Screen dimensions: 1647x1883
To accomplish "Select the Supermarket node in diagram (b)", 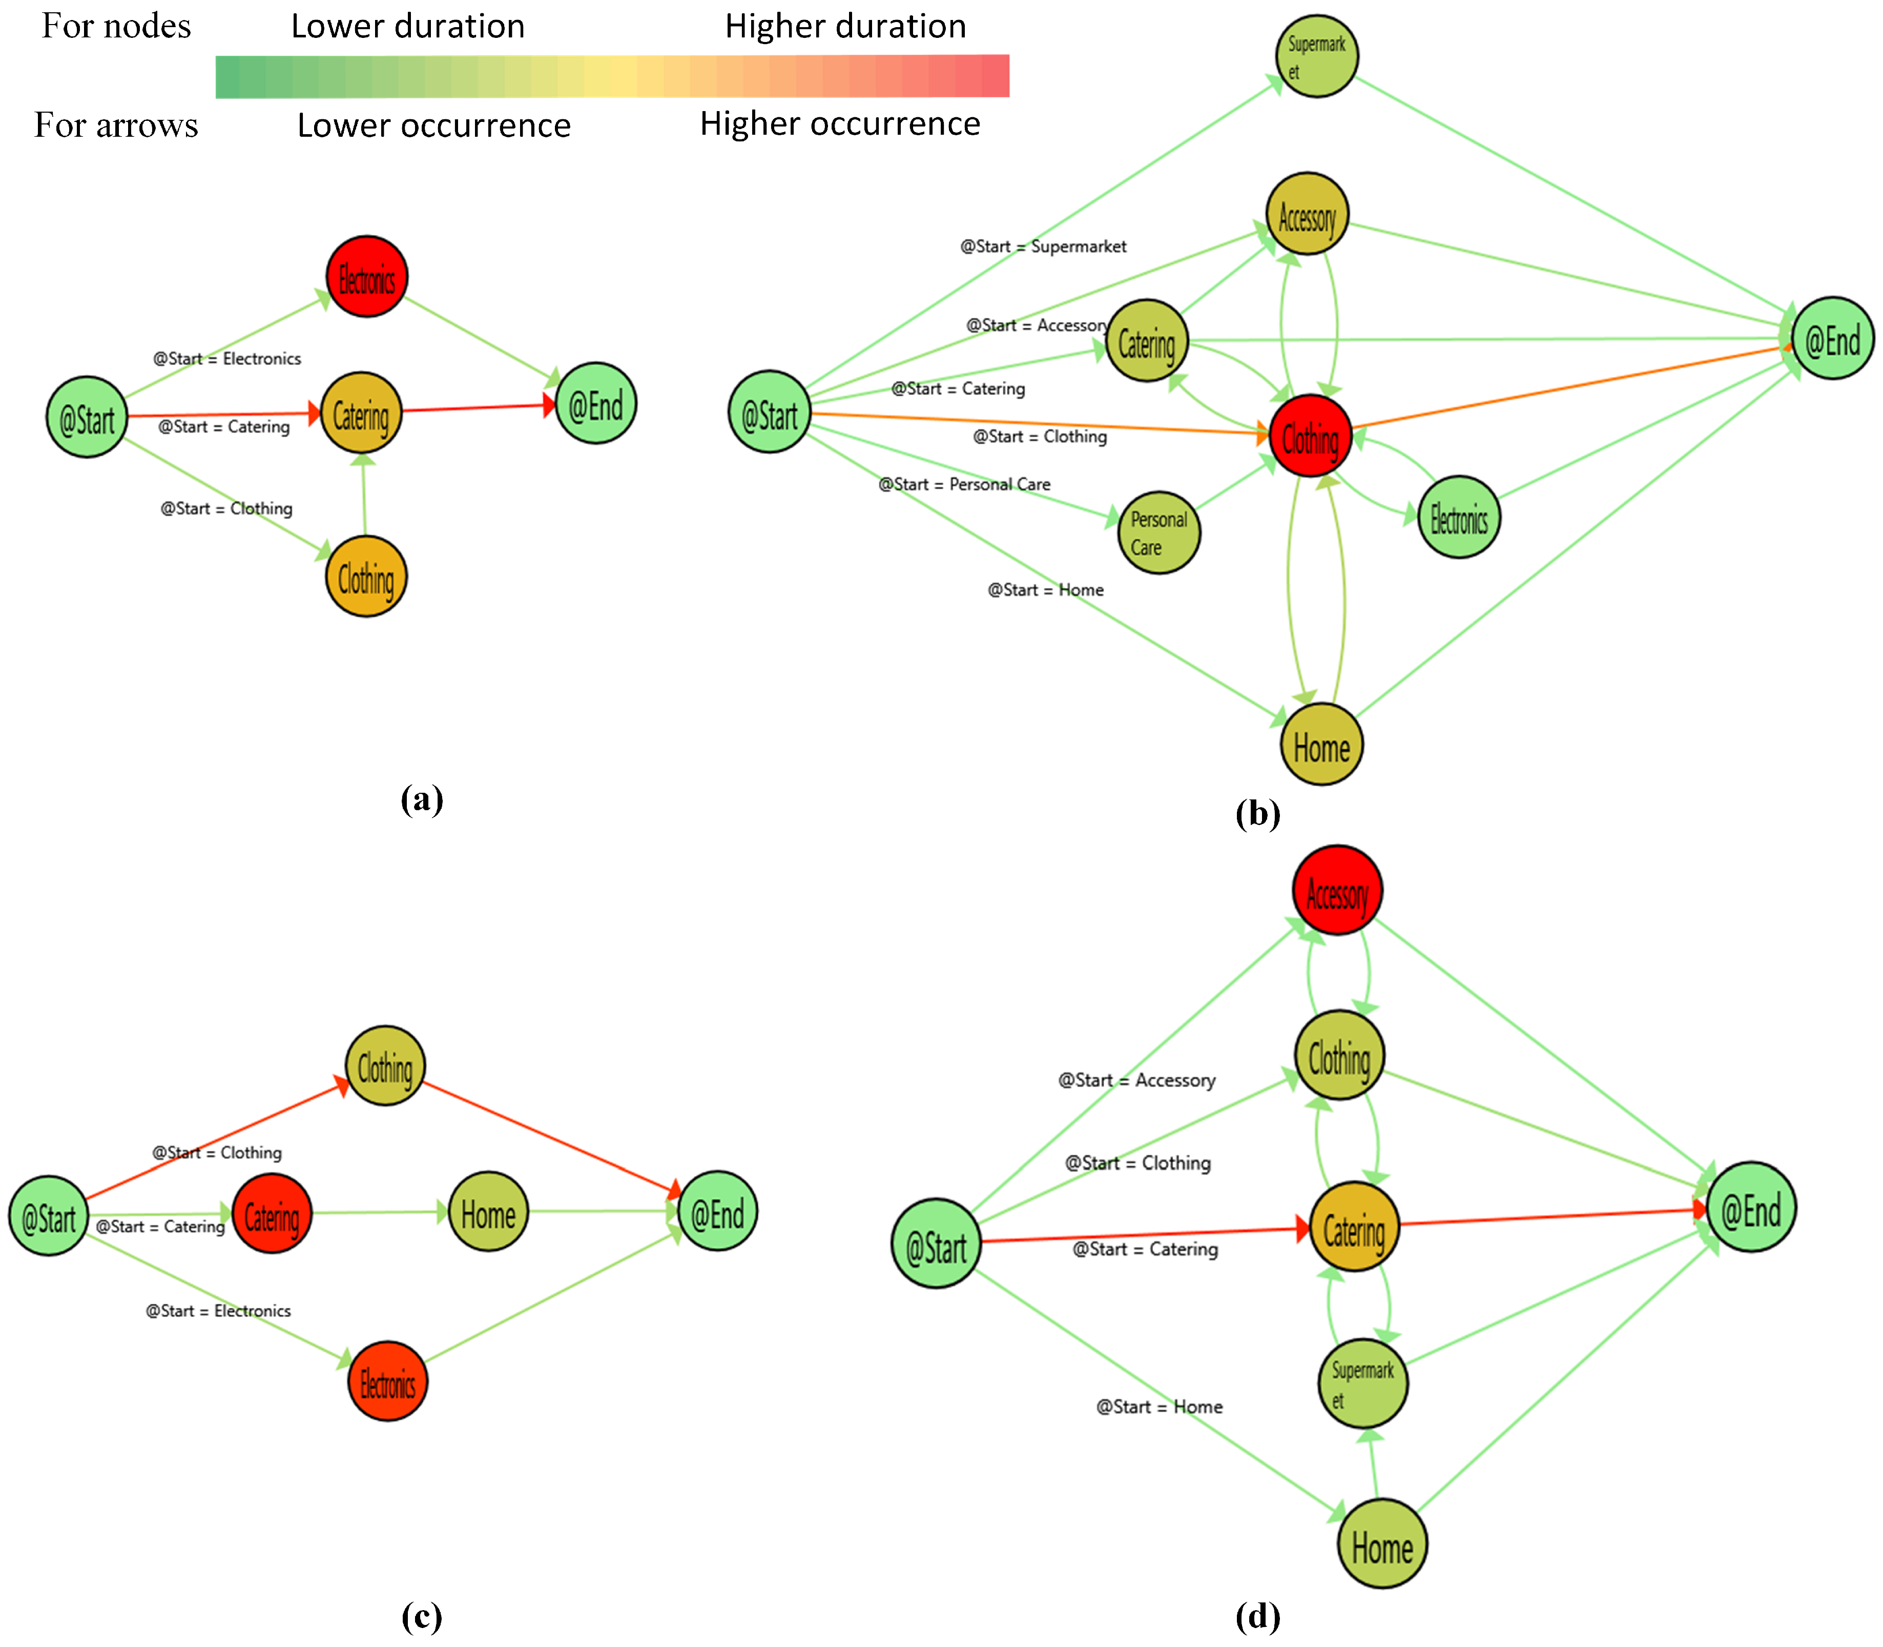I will [1317, 56].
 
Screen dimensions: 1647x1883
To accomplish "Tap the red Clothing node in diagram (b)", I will [1310, 436].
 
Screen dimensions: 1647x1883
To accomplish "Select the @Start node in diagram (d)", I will [936, 1243].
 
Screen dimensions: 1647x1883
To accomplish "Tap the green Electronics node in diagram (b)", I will [1458, 517].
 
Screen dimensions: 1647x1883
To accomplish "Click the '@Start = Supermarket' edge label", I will [1043, 246].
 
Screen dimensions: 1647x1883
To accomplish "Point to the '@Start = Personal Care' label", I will [964, 484].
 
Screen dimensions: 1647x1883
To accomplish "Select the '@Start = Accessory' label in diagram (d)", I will [1136, 1080].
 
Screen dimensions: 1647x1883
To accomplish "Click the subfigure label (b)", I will [1257, 813].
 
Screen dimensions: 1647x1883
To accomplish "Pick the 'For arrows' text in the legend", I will [116, 125].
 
